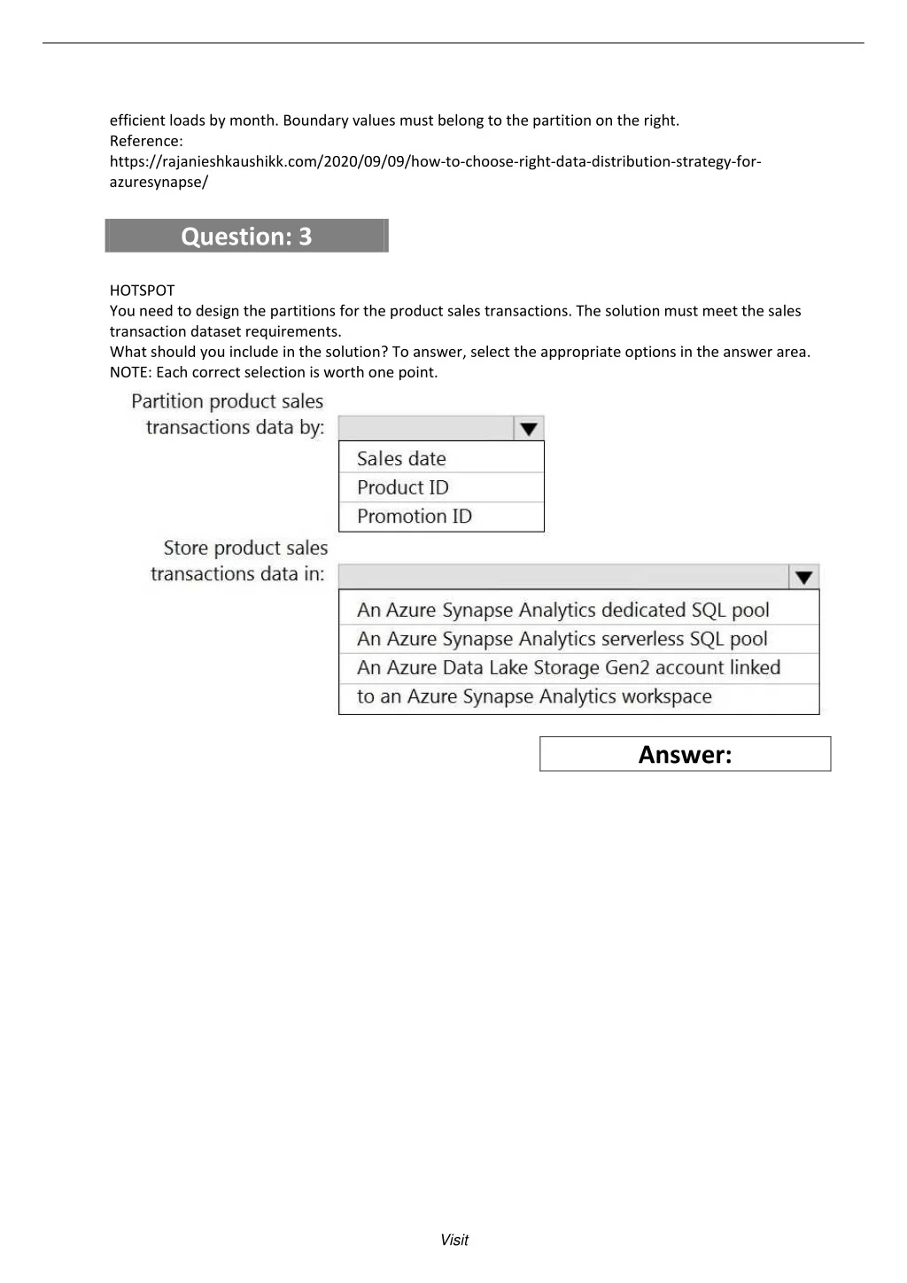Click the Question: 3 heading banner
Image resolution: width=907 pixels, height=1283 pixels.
pyautogui.click(x=246, y=236)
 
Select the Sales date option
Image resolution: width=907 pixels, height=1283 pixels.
pyautogui.click(x=401, y=458)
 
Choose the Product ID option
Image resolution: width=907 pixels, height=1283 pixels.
pyautogui.click(x=403, y=487)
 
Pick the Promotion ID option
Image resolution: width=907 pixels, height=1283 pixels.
pyautogui.click(x=415, y=516)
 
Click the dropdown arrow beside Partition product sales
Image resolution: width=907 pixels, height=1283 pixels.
pyautogui.click(x=529, y=429)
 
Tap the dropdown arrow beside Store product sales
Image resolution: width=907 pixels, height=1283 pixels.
pyautogui.click(x=803, y=577)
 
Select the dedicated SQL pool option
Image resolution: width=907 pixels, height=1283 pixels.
pyautogui.click(x=563, y=610)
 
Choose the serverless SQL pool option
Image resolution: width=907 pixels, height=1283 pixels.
pyautogui.click(x=562, y=639)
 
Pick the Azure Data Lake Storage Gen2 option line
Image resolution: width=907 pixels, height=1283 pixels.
pyautogui.click(x=569, y=667)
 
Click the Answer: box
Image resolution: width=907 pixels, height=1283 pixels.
pyautogui.click(x=685, y=754)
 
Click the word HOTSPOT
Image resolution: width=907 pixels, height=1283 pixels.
pyautogui.click(x=143, y=291)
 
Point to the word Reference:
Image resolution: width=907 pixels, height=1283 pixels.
pyautogui.click(x=146, y=141)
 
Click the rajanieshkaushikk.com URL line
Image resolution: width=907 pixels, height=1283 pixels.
pyautogui.click(x=435, y=161)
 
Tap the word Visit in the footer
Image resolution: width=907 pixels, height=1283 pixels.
pyautogui.click(x=454, y=1240)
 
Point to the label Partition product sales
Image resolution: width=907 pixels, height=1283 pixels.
pyautogui.click(x=228, y=401)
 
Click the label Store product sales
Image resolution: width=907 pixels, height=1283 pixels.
pyautogui.click(x=245, y=548)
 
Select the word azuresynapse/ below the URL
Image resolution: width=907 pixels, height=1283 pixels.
pyautogui.click(x=159, y=182)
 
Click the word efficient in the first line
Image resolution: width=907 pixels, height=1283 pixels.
pyautogui.click(x=139, y=121)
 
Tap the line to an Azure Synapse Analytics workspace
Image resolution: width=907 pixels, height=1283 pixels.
pyautogui.click(x=534, y=696)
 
